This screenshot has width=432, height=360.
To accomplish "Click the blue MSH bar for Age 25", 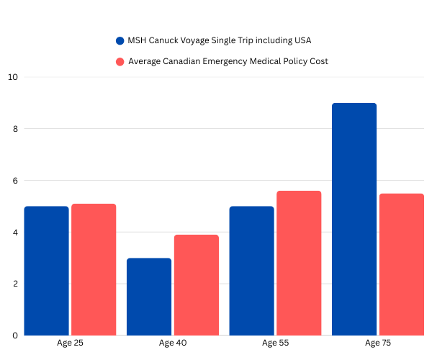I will [46, 271].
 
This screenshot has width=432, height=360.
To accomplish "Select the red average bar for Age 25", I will [94, 269].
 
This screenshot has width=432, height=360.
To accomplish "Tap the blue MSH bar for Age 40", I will [149, 297].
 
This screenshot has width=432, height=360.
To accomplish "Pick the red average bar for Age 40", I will [196, 285].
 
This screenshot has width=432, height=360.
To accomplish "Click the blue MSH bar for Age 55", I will [251, 271].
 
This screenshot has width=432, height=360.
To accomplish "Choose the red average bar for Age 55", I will [299, 263].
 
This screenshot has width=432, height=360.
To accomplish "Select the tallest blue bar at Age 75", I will [354, 219].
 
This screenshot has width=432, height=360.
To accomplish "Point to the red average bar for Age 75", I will [402, 264].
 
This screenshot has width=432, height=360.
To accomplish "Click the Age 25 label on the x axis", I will [70, 343].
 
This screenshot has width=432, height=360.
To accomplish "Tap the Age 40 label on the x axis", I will [173, 343].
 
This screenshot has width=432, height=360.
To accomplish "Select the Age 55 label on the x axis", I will [275, 343].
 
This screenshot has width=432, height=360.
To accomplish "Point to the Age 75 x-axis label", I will [378, 343].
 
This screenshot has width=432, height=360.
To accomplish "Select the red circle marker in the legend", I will [120, 61].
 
